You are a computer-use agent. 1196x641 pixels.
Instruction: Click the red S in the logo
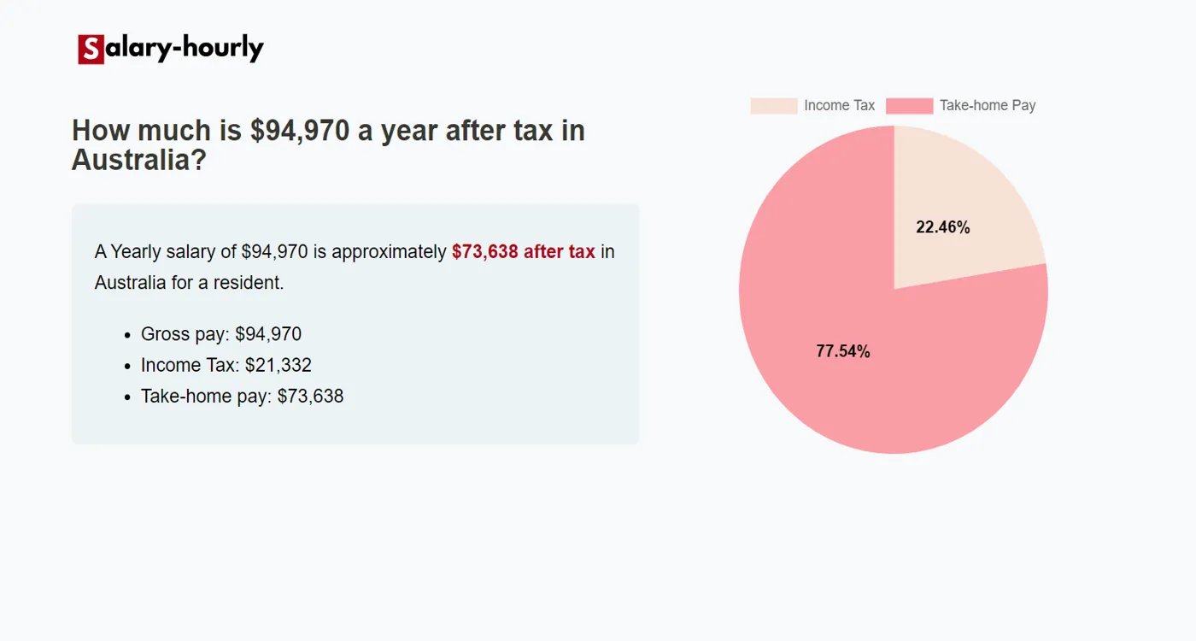coord(91,50)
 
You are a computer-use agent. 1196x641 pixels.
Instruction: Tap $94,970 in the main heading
coord(300,131)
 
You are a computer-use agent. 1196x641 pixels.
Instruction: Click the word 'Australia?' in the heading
coord(139,160)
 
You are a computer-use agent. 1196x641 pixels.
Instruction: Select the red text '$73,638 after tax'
coord(523,252)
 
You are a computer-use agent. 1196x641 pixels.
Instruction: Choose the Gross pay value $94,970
coord(268,334)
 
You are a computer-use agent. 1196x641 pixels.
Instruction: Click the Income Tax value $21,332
coord(278,366)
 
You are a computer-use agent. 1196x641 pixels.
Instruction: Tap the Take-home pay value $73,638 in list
coord(310,397)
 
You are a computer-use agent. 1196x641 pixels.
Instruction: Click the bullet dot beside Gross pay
coord(127,335)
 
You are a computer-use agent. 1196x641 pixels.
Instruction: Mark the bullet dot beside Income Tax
coord(127,366)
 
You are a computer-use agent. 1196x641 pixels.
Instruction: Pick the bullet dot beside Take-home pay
coord(127,397)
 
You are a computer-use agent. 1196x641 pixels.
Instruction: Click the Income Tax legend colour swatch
coord(773,106)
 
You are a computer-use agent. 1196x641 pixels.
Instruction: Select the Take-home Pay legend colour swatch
coord(909,106)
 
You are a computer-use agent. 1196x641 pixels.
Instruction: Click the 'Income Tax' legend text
coord(839,106)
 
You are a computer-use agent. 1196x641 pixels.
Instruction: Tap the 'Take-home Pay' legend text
coord(988,106)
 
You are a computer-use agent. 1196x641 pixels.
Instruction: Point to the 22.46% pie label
coord(943,227)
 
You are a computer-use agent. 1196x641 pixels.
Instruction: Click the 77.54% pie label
coord(843,351)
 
